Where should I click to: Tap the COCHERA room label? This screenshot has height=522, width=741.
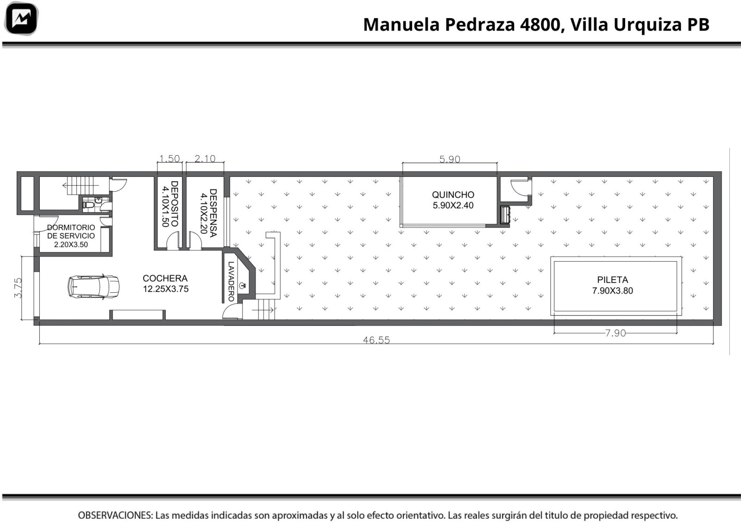point(165,278)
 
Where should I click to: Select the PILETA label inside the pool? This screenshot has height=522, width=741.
point(612,280)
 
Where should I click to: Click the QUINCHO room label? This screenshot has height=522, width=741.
point(453,195)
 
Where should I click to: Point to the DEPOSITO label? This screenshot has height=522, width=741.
point(174,203)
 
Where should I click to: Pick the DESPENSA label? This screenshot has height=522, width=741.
point(214,213)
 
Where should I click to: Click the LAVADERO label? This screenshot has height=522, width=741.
point(231,282)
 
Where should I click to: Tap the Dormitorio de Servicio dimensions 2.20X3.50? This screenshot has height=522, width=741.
point(71,245)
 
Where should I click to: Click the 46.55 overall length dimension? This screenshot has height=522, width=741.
point(377,340)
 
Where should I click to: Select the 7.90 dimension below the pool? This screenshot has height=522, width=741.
point(615,333)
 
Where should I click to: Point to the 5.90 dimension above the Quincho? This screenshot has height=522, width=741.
point(450,159)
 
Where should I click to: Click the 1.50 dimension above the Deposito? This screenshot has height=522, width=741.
point(170,158)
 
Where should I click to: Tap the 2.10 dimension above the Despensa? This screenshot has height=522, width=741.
point(205,158)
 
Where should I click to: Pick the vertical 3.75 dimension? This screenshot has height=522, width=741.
point(18,288)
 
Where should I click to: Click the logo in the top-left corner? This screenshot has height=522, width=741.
point(21,19)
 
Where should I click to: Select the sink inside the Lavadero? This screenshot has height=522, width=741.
point(243,285)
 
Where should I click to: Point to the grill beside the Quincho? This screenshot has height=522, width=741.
point(505,215)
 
